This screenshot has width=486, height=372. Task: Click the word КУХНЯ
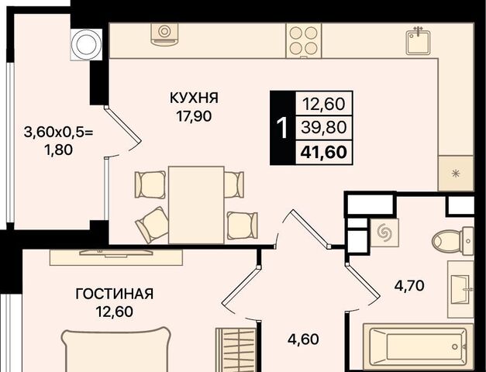(194, 98)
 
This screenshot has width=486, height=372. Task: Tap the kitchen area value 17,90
(194, 116)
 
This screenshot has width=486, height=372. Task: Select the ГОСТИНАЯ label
(115, 294)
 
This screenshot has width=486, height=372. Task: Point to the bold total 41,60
(323, 152)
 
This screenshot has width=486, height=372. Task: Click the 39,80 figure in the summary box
(323, 127)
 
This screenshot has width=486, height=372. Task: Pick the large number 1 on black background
(283, 129)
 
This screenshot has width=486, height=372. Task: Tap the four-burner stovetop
(304, 40)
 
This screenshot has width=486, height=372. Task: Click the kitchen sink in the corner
(418, 42)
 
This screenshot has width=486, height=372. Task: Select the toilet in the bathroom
(453, 241)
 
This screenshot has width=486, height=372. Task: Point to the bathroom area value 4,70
(409, 285)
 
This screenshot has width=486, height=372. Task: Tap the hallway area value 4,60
(303, 339)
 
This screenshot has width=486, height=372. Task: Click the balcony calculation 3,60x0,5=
(59, 133)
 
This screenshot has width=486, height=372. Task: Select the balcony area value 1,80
(59, 150)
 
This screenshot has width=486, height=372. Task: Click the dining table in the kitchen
(196, 205)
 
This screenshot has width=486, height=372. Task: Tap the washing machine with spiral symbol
(384, 232)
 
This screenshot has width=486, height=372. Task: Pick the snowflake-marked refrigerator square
(456, 174)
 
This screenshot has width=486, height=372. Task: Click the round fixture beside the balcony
(86, 44)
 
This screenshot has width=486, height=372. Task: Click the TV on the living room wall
(116, 253)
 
